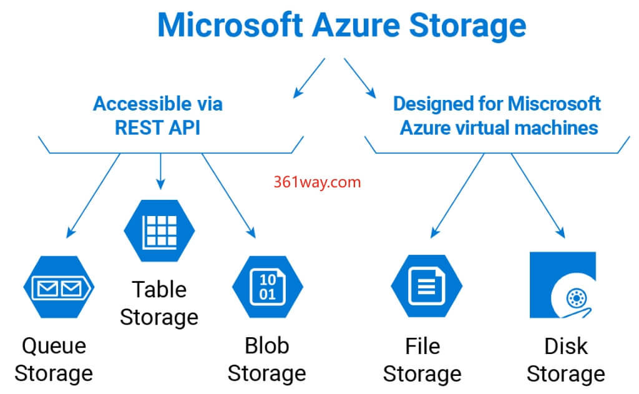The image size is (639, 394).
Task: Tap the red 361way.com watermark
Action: pyautogui.click(x=316, y=182)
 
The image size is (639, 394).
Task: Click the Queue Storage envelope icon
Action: pyautogui.click(x=59, y=287)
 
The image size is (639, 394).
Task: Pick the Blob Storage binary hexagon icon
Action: pyautogui.click(x=267, y=287)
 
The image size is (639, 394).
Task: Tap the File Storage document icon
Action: pyautogui.click(x=426, y=287)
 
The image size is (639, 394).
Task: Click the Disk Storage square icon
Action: pyautogui.click(x=562, y=285)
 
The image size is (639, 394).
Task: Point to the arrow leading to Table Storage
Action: pyautogui.click(x=160, y=171)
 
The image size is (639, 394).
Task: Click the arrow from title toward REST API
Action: pyautogui.click(x=309, y=78)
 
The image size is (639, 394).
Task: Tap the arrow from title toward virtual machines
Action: pyautogui.click(x=359, y=78)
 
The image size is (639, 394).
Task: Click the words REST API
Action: pyautogui.click(x=157, y=127)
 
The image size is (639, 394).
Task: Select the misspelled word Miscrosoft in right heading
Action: pyautogui.click(x=554, y=103)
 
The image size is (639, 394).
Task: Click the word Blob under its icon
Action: pyautogui.click(x=266, y=345)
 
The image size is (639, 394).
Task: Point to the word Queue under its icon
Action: pyautogui.click(x=54, y=345)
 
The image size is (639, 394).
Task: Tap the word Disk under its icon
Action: pyautogui.click(x=565, y=345)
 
